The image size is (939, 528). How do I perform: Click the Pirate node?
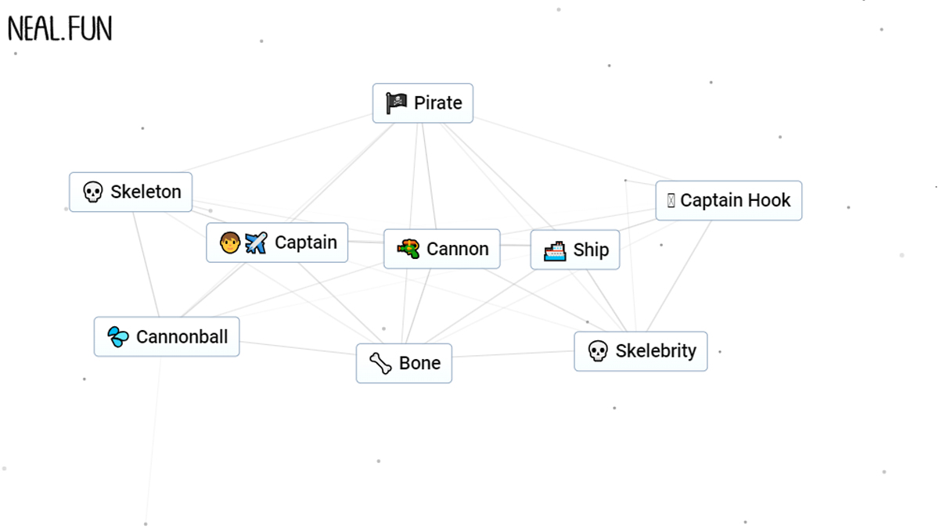coord(423,103)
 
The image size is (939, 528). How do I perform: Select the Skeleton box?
coord(131,192)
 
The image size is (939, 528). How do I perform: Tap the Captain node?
coord(277,242)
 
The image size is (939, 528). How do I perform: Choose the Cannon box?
coord(441,250)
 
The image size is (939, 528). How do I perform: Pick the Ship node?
coord(574,250)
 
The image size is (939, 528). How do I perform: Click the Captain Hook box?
coord(729,201)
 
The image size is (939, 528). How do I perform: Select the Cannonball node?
coord(167,337)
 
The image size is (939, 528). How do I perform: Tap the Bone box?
coord(404,364)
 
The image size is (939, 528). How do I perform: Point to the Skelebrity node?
coord(640,351)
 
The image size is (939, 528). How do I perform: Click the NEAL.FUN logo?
coord(60,29)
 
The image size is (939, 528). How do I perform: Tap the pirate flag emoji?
coord(397,102)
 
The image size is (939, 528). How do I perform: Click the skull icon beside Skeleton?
coord(93,192)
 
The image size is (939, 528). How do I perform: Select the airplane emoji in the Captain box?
coord(256,243)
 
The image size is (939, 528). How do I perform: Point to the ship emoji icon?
coord(555,250)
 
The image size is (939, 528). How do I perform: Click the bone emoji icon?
coord(380,364)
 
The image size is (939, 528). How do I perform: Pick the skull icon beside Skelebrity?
coord(598,351)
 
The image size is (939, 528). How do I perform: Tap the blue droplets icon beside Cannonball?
coord(118,337)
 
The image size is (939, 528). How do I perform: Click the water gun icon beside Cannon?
coord(408,250)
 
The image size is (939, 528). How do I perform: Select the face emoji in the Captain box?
coord(229,243)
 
